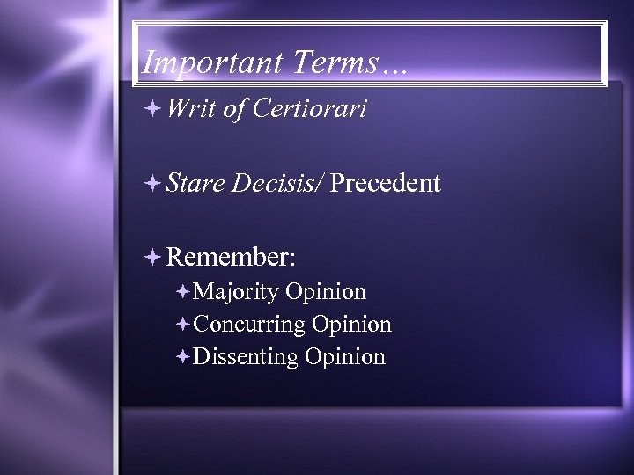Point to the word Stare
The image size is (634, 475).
coord(195,183)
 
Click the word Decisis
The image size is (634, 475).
coord(276,183)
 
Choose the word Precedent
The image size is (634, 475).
coord(386,183)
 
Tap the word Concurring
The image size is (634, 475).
coord(249,324)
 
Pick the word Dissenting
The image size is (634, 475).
coord(247,356)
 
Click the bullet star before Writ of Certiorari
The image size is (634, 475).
coord(154,109)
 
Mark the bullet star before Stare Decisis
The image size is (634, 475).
coord(154,184)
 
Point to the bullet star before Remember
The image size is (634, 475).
coord(154,257)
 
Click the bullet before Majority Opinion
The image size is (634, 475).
coord(182,291)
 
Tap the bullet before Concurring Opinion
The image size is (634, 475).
coord(182,324)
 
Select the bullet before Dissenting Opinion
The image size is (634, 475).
coord(182,356)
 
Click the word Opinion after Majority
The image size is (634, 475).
coord(326,291)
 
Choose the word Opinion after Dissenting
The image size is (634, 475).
coord(345,356)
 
